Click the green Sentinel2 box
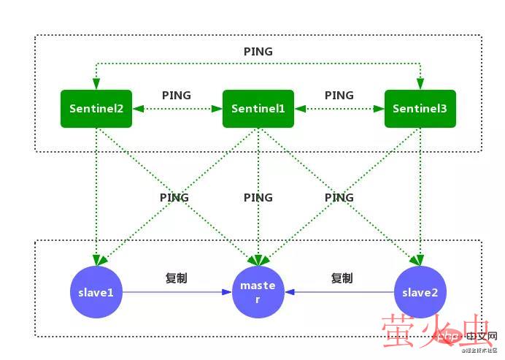tap(96, 108)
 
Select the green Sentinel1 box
tap(258, 108)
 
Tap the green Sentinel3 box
tap(420, 108)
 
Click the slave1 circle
tap(96, 292)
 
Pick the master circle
tap(258, 292)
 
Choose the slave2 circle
tap(420, 292)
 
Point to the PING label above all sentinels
tap(258, 52)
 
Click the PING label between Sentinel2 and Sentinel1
tap(177, 96)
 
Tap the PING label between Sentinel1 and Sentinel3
tap(339, 96)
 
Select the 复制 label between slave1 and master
tap(177, 278)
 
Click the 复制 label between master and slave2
tap(342, 278)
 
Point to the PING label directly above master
tap(258, 197)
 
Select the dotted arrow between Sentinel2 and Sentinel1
tap(177, 109)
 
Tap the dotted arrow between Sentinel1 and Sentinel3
tap(339, 109)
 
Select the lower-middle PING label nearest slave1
tap(174, 197)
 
